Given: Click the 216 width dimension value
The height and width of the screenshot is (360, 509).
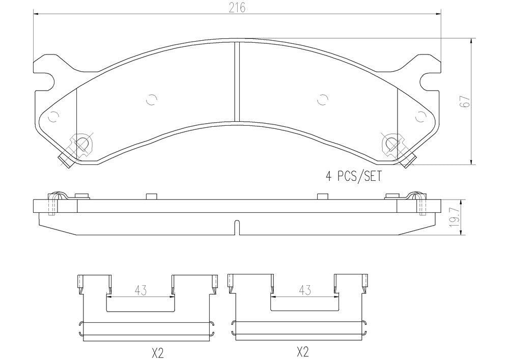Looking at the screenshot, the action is (237, 7).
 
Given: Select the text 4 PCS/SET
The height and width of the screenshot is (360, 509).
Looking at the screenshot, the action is (354, 176).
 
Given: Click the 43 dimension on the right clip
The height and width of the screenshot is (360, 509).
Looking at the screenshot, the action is (304, 290).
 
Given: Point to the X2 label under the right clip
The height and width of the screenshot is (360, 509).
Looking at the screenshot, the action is (302, 351).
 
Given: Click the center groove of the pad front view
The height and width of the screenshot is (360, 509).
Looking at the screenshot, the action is (237, 81).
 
